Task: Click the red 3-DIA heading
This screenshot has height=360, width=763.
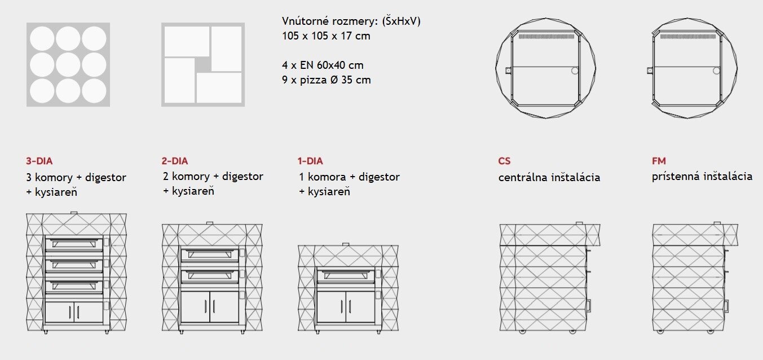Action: [x=39, y=161]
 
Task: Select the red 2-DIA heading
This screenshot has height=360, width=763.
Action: [x=175, y=161]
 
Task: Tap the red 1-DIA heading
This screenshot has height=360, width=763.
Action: [x=310, y=161]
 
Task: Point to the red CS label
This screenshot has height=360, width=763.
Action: [x=504, y=161]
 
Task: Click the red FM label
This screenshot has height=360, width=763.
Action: [x=659, y=161]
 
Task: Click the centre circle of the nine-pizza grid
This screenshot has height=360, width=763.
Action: [x=68, y=65]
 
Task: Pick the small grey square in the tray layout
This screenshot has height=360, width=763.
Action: [x=203, y=65]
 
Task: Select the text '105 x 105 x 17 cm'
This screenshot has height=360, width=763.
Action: [x=326, y=36]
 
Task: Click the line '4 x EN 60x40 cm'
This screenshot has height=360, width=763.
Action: [x=323, y=65]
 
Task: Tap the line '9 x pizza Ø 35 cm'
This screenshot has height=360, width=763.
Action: [x=327, y=80]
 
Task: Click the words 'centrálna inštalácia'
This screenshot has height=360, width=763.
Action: [x=549, y=177]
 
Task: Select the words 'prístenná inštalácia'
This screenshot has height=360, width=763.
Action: [x=702, y=177]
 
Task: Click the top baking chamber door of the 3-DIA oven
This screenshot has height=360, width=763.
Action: [x=74, y=244]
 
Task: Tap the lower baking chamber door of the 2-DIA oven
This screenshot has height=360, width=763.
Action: [x=209, y=276]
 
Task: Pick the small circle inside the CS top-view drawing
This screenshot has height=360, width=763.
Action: [x=575, y=71]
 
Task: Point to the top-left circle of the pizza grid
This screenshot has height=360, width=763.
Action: [x=42, y=38]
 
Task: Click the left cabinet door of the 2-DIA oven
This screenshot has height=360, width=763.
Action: [x=195, y=307]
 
